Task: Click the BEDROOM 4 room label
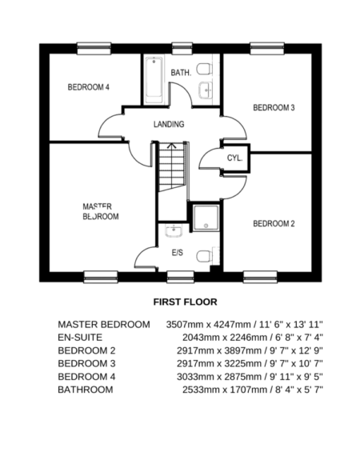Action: click(x=89, y=87)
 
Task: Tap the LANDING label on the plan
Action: click(x=169, y=124)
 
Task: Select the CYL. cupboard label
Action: click(x=234, y=158)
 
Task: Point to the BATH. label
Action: click(x=181, y=73)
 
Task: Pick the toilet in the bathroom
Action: click(x=205, y=69)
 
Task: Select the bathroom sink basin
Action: click(x=206, y=90)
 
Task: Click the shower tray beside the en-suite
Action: click(x=206, y=218)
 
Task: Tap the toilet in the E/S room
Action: click(x=205, y=256)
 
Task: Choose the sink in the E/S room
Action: click(x=174, y=231)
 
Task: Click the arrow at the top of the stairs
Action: click(x=172, y=146)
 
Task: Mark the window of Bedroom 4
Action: click(x=94, y=48)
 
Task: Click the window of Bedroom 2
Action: click(x=260, y=277)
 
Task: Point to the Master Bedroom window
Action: click(x=101, y=277)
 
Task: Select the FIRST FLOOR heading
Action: click(x=185, y=302)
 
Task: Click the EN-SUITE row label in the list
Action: click(x=80, y=338)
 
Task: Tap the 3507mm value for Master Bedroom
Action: click(x=185, y=325)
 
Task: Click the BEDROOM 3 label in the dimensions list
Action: click(x=86, y=363)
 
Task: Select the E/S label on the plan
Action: click(x=178, y=253)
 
